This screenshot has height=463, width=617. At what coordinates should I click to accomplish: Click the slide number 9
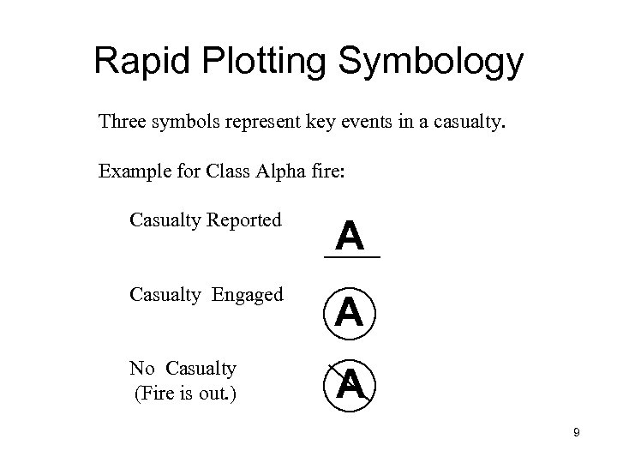tap(577, 433)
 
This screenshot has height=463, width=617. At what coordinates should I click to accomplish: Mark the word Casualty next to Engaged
tap(165, 295)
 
